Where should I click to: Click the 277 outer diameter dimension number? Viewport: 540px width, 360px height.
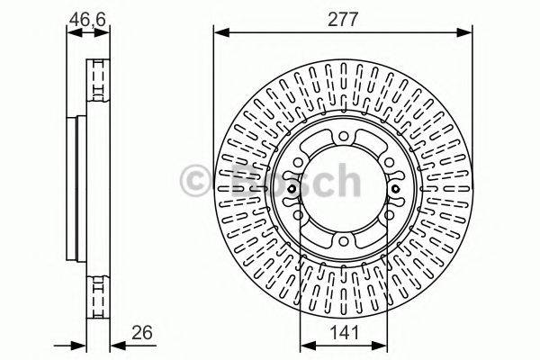point(343,19)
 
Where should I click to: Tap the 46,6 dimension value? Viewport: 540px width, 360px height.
point(87,19)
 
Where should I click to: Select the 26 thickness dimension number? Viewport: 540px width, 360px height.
point(142,332)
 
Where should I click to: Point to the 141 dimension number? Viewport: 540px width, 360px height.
point(344,332)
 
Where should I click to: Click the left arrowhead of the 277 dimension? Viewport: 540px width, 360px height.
point(221,32)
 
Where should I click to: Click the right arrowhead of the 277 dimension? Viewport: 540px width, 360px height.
point(464,32)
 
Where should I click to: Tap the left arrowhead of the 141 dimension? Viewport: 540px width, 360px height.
point(308,346)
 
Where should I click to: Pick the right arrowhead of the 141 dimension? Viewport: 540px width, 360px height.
point(380,346)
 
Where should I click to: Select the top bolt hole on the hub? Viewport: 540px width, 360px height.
point(343,137)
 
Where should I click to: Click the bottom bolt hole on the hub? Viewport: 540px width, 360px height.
point(343,241)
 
